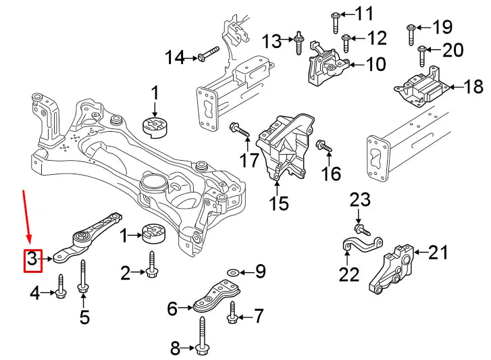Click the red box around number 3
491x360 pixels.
point(32,260)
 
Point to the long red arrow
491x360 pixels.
point(27,216)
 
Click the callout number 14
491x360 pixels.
point(175,58)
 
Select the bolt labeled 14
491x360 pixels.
point(207,52)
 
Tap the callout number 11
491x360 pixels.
point(364,13)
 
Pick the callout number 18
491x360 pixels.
point(474,86)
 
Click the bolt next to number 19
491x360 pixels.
point(410,33)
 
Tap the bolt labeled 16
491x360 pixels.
point(323,145)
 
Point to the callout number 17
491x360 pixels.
point(250,160)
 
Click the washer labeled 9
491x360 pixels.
point(232,272)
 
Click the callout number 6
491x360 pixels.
point(172,309)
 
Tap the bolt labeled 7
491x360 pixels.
point(232,312)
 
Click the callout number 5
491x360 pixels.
point(84,316)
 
